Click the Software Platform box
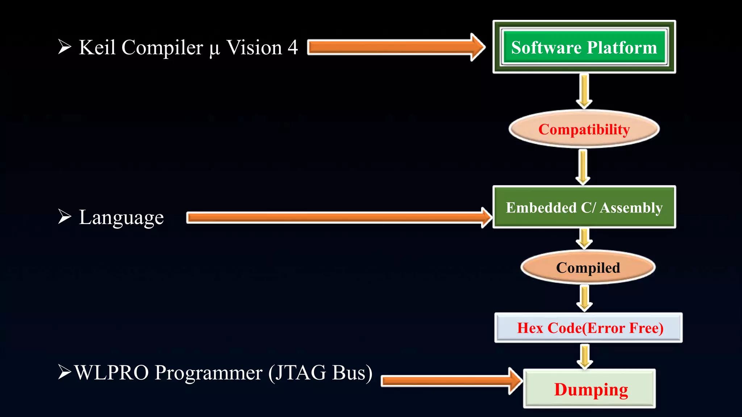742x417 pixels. tap(584, 47)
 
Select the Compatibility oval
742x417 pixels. tap(584, 129)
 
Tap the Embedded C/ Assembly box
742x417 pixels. tap(584, 207)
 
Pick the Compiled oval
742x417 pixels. tap(588, 268)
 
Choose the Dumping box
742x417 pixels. tap(590, 389)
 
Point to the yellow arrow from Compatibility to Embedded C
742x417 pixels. tap(583, 167)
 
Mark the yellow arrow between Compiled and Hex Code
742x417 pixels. tap(584, 298)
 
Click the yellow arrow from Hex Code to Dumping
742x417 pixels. tap(584, 356)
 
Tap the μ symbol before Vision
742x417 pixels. tap(214, 49)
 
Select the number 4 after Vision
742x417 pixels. tap(293, 47)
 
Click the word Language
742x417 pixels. tap(121, 218)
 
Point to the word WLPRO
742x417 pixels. tap(112, 372)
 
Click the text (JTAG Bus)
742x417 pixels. tap(320, 373)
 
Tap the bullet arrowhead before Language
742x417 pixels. tap(64, 216)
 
